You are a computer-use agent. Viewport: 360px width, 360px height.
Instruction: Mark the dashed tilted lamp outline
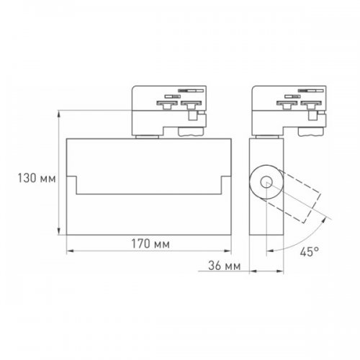[299, 198]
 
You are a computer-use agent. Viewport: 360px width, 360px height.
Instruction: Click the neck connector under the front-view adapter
[147, 133]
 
